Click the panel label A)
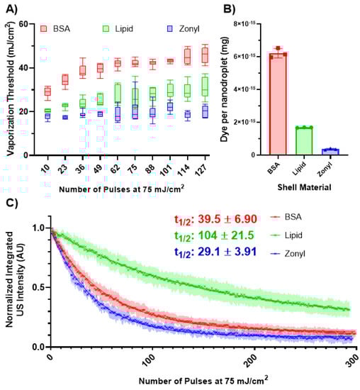point(12,10)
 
